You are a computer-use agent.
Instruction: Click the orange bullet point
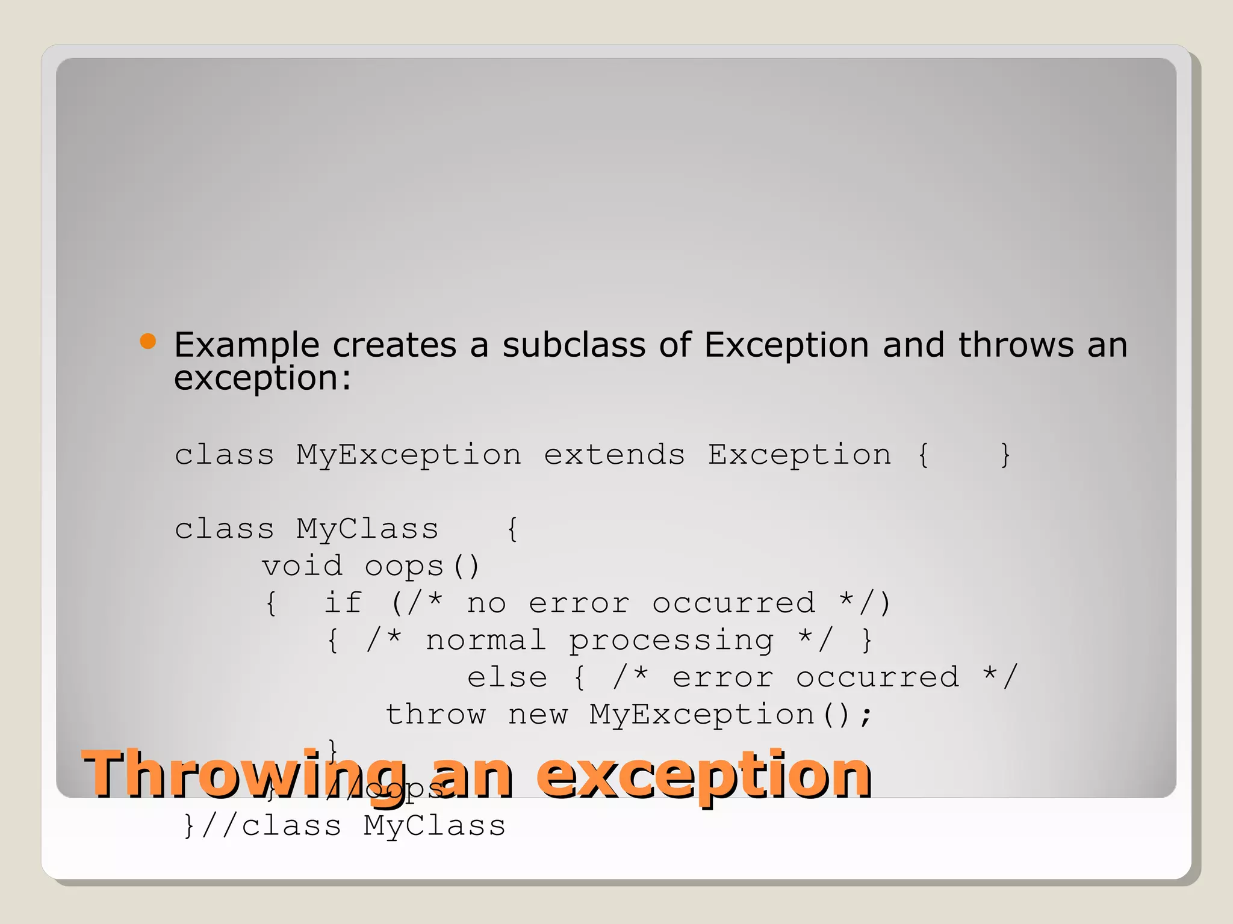pos(148,342)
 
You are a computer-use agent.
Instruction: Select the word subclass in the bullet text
pos(574,345)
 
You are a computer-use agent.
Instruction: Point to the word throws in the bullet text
pos(1016,345)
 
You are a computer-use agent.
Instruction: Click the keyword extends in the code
pos(614,455)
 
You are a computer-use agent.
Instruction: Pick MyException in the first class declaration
pos(409,455)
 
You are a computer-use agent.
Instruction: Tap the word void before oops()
pos(302,566)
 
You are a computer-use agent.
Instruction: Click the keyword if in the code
pos(343,603)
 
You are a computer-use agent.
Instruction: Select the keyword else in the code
pos(507,677)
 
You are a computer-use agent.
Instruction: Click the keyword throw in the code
pos(435,715)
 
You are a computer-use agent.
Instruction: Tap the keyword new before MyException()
pos(538,715)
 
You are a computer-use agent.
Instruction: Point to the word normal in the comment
pos(486,640)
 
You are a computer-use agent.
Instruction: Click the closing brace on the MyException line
pos(1005,455)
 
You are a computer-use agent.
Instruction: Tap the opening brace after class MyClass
pos(512,529)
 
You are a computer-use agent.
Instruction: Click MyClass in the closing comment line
pos(434,825)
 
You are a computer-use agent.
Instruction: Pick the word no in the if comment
pos(486,603)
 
